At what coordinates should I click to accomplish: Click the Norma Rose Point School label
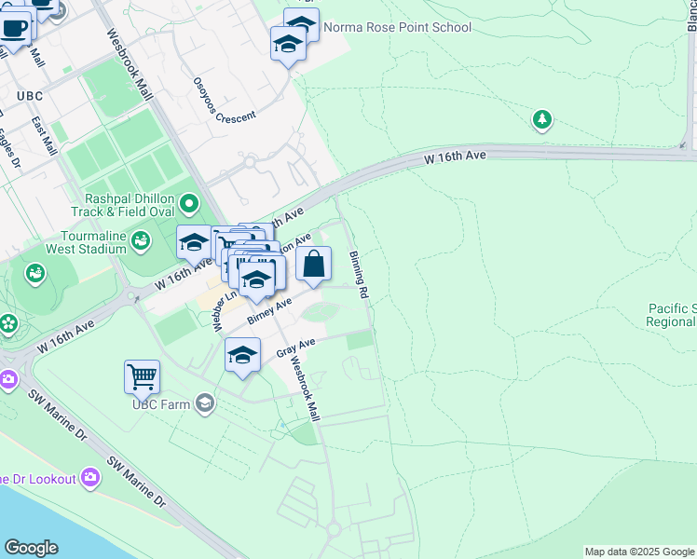click(397, 27)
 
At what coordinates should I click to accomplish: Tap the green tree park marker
click(541, 120)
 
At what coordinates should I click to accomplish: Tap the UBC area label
click(30, 96)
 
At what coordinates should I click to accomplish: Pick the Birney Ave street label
click(270, 311)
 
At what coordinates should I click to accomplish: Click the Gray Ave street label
click(296, 348)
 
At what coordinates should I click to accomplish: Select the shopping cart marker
click(142, 377)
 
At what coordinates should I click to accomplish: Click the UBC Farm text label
click(159, 403)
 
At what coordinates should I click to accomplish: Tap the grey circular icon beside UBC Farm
click(204, 403)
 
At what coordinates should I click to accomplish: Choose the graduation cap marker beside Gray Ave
click(242, 355)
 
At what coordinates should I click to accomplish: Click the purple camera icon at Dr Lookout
click(90, 478)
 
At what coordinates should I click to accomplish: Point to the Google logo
click(31, 548)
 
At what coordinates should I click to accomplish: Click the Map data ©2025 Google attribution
click(638, 552)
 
